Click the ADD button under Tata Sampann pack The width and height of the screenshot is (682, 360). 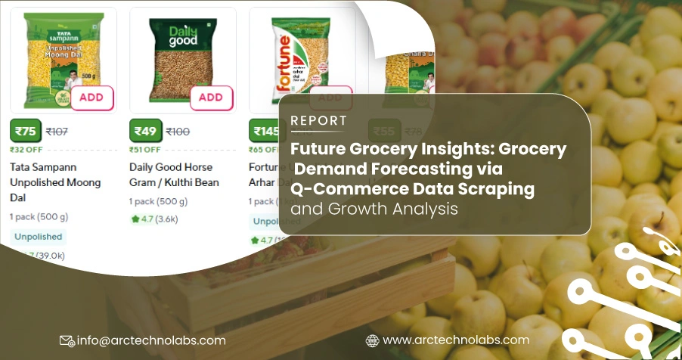pos(91,98)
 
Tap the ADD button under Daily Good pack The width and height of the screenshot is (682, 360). pos(211,98)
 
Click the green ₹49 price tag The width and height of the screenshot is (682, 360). pos(144,131)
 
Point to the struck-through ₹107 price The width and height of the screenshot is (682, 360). pos(57,132)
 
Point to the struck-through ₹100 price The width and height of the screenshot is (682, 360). pos(178,132)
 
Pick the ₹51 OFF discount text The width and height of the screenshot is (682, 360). pos(145,150)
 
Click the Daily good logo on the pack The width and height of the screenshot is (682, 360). pos(183,35)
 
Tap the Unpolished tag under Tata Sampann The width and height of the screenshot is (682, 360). pos(38,236)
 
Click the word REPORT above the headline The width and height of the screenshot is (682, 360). pos(318,120)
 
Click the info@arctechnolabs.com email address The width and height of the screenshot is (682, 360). pos(151,340)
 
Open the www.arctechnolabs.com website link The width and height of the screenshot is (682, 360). pos(456,340)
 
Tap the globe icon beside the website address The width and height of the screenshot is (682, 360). pos(372,340)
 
